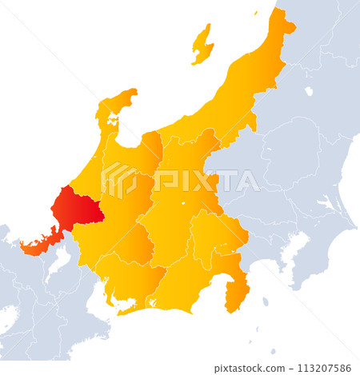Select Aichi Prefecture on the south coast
point(132,280)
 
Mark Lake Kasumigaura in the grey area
point(324,205)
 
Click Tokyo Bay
point(280,248)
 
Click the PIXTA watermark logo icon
point(119,179)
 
